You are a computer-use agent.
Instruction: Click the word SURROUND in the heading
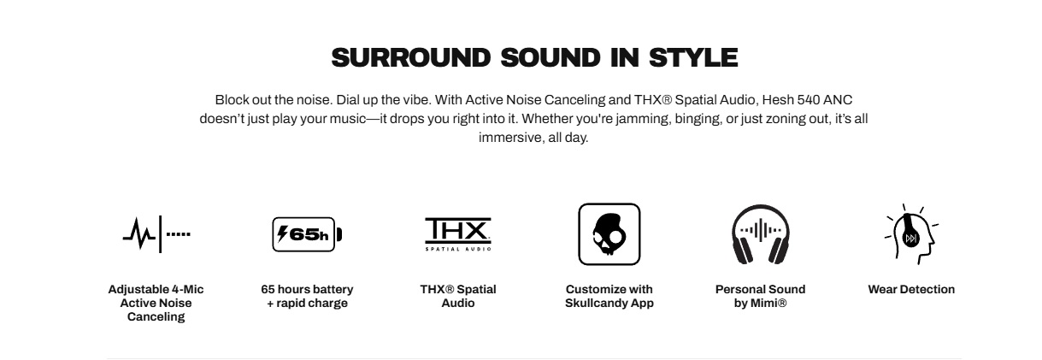411,57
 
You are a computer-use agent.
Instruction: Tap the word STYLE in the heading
693,57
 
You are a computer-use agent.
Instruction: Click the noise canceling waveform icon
156,234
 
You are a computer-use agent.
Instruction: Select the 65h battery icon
307,234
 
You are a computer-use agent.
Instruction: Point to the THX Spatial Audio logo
458,234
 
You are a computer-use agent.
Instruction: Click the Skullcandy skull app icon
609,234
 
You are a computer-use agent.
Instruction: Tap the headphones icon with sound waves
761,234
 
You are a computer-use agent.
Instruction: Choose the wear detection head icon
911,234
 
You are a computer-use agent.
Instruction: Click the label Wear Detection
911,289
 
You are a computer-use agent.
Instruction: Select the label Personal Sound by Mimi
761,296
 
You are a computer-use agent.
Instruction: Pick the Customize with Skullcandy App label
609,296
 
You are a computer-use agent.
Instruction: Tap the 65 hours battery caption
307,296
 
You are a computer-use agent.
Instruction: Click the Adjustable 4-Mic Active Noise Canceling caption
156,303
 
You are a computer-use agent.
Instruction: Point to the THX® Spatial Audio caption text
458,296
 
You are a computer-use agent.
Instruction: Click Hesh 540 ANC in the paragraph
807,100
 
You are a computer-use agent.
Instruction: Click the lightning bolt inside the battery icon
282,233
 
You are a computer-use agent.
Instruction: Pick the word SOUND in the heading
550,57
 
